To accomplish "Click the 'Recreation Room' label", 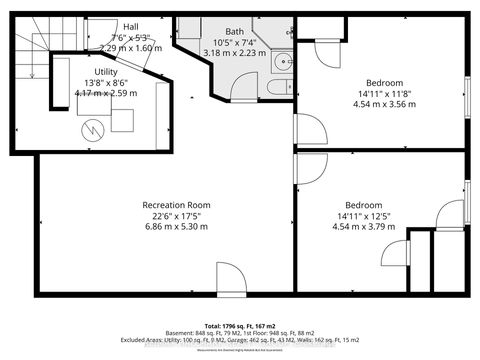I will click(x=154, y=204).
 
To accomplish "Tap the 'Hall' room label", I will click(x=130, y=26).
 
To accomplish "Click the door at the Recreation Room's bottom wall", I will click(x=229, y=277).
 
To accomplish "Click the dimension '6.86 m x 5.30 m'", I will click(x=154, y=228).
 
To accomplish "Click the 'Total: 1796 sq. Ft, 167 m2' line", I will click(x=239, y=326).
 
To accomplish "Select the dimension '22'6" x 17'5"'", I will click(x=154, y=216).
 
